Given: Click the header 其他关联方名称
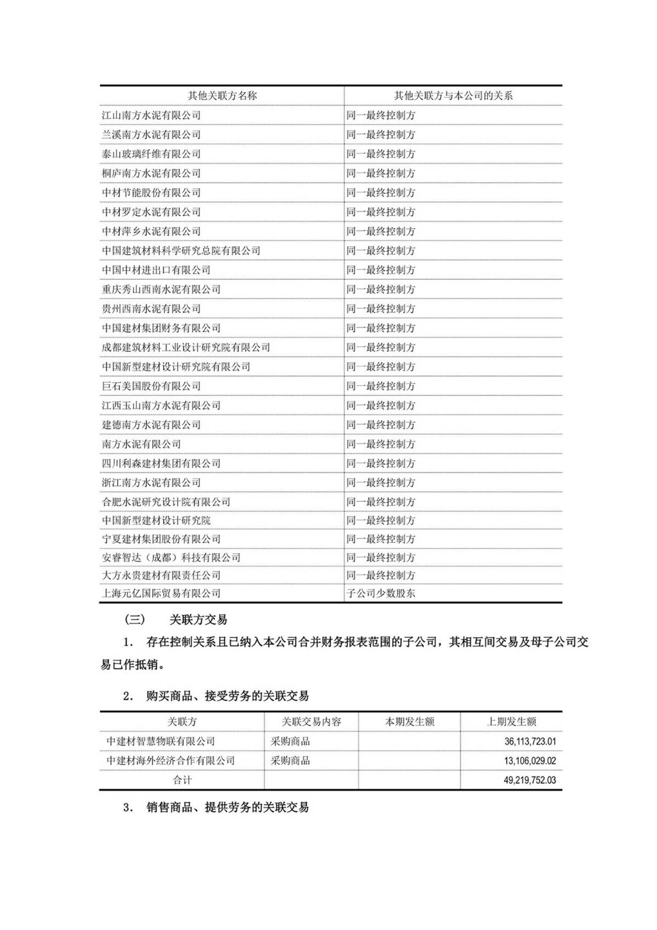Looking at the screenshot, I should point(222,95).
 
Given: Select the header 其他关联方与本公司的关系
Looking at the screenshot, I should point(453,95).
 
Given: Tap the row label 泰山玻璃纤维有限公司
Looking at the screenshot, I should point(151,154).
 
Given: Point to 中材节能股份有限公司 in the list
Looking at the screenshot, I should point(151,193).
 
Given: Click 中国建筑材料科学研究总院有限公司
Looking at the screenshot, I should point(181,251).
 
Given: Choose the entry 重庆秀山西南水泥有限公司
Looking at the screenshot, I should point(161,289).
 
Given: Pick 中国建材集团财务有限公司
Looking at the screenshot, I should point(161,328).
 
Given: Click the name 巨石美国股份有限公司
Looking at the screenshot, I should point(151,386).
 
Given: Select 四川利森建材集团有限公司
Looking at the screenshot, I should point(161,463).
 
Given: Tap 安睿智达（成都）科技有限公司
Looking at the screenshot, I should point(171,557).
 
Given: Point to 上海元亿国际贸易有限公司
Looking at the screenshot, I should point(161,593).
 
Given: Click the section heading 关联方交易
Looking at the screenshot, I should point(198,620).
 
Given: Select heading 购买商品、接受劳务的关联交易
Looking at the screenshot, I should point(227,696).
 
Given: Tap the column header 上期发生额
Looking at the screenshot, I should point(511,721).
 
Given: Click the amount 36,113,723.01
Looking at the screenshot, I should point(530,742).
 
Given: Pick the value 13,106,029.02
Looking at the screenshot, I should point(530,761).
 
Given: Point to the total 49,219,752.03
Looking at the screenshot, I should point(530,780).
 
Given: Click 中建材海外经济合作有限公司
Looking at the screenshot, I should point(171,761).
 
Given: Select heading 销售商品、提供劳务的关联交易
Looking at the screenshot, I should point(227,807).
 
